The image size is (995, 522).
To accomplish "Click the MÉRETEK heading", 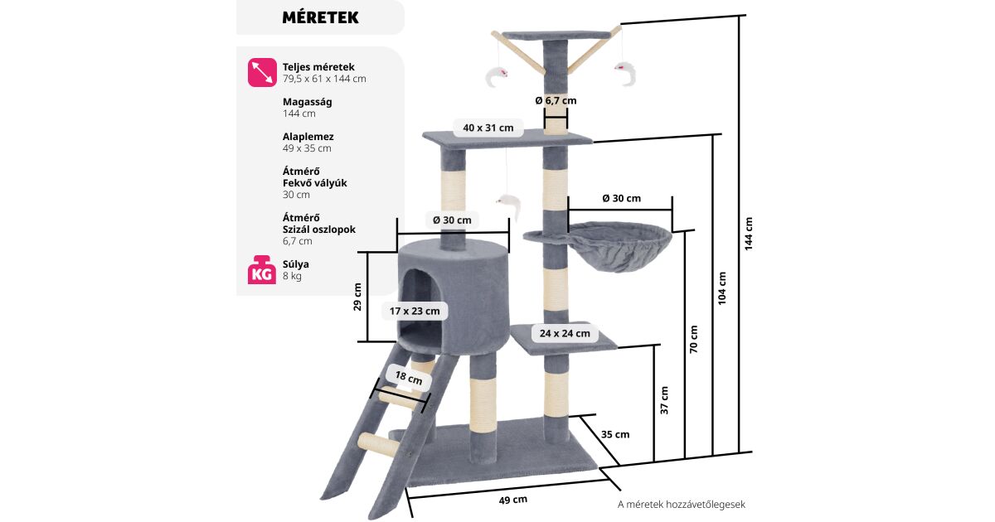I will tap(320, 17).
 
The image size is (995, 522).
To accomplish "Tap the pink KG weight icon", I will tap(262, 270).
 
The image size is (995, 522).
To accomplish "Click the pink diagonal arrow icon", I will tap(262, 72).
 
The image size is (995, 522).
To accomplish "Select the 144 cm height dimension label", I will tap(749, 234).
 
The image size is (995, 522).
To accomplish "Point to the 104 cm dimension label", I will tap(721, 287).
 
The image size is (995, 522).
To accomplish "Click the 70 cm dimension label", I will tap(694, 339).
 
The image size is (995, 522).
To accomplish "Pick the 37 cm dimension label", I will tap(665, 399).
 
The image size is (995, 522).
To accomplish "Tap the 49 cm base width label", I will tap(513, 500).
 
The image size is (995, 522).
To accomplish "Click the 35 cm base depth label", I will tap(614, 434).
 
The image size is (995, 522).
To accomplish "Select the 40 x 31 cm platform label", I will tap(488, 128).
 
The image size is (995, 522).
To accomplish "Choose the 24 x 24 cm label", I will tap(565, 333).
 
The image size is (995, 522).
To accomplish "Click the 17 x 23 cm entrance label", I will tap(415, 312).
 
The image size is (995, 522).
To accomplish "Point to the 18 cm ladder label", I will tap(408, 379).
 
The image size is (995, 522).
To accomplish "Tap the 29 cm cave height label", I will tap(357, 296).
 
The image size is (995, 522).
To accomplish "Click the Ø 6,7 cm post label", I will tap(556, 100).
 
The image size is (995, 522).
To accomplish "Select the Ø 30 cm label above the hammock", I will tap(621, 199).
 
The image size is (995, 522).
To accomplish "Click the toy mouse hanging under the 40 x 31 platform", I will tap(504, 201).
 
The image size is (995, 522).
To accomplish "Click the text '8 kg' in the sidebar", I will tap(292, 276).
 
